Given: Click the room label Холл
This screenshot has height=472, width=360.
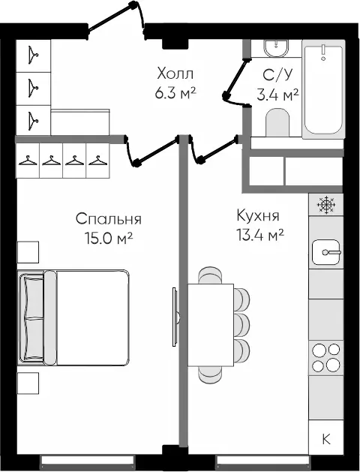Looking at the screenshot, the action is (175, 74).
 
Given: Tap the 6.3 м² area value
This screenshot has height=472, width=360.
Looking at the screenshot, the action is (175, 94).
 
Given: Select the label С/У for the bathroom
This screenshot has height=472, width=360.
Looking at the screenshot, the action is (277, 75).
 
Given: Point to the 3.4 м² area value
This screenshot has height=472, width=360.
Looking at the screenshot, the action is (277, 95).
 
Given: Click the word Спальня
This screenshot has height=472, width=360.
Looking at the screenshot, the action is (109, 219).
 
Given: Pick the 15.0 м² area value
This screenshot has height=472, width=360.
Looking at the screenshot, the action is (109, 239).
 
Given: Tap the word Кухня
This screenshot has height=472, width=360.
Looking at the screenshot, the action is (258, 215).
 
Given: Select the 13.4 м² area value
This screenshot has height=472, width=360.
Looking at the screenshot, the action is (260, 235).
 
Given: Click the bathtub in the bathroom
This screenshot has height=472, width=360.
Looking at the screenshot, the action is (323, 89).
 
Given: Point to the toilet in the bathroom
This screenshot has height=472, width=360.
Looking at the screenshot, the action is (277, 122).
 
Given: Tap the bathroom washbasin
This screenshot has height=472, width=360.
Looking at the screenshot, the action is (276, 48).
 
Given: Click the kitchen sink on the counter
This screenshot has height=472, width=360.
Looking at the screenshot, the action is (326, 252).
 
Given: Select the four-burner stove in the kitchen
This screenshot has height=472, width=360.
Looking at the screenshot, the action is (326, 358).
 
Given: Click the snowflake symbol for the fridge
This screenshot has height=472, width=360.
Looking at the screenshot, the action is (326, 205).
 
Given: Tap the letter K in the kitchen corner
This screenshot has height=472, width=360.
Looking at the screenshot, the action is (326, 439).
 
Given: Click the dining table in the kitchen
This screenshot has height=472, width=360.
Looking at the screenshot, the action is (211, 325).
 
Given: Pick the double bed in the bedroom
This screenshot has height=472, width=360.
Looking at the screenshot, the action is (73, 317).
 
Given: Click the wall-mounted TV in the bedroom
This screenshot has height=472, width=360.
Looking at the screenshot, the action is (175, 317).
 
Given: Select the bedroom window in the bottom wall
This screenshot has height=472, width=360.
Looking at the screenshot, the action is (87, 460).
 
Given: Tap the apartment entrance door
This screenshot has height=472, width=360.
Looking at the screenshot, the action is (116, 18).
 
